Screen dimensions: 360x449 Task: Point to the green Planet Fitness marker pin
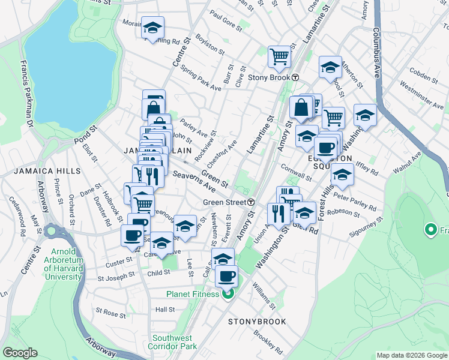pyautogui.click(x=228, y=293)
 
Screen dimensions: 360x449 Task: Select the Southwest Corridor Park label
pyautogui.click(x=175, y=342)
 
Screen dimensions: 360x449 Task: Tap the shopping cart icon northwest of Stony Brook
pyautogui.click(x=279, y=56)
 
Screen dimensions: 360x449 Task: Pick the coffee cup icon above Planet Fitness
pyautogui.click(x=226, y=276)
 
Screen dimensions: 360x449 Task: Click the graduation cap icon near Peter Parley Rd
pyautogui.click(x=342, y=175)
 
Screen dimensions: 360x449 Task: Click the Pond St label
pyautogui.click(x=86, y=137)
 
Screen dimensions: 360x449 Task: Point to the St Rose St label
pyautogui.click(x=106, y=312)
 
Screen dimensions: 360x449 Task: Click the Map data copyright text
pyautogui.click(x=411, y=355)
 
